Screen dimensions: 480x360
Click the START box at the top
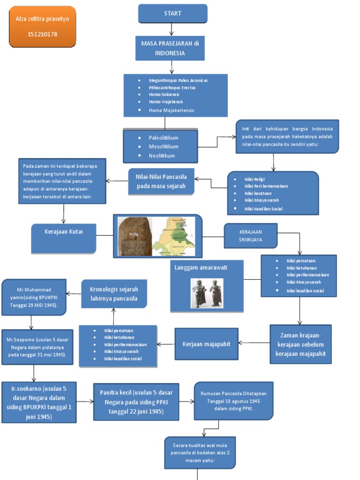(x=172, y=14)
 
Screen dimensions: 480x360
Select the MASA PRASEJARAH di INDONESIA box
(x=170, y=48)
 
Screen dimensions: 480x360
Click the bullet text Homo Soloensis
(x=164, y=94)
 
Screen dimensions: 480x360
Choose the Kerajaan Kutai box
(x=64, y=237)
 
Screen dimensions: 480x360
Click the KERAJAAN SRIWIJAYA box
(x=250, y=235)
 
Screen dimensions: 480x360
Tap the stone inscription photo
(x=135, y=236)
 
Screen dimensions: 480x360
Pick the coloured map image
(x=174, y=236)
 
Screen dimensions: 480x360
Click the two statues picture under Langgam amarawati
(x=207, y=293)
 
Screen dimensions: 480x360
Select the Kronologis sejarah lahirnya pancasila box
(x=114, y=294)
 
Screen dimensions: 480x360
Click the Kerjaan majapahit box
(x=206, y=344)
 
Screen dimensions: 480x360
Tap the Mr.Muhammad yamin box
(x=34, y=297)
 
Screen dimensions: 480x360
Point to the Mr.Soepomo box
(x=37, y=347)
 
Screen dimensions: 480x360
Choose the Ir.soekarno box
(x=39, y=402)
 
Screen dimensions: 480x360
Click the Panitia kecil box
(x=136, y=402)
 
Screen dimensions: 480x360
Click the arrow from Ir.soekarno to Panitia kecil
(x=85, y=402)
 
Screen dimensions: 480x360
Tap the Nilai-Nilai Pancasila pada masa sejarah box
(x=161, y=181)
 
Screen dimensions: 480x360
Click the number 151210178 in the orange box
(x=42, y=34)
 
